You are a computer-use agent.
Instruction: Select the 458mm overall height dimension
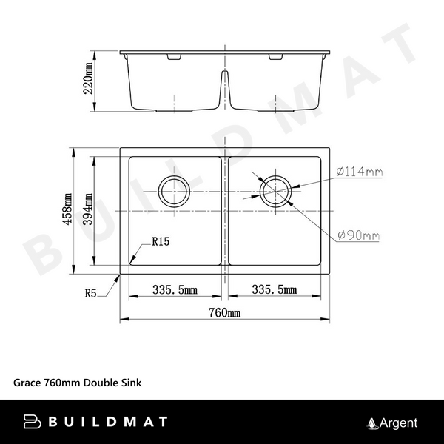(x=69, y=209)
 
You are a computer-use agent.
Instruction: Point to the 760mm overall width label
(x=225, y=313)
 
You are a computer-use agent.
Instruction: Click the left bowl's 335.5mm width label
(x=175, y=289)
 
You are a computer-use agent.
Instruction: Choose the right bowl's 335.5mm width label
(x=275, y=289)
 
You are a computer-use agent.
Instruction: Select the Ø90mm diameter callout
(x=358, y=236)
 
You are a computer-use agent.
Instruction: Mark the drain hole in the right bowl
(x=275, y=190)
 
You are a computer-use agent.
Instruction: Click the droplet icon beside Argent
(x=372, y=423)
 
